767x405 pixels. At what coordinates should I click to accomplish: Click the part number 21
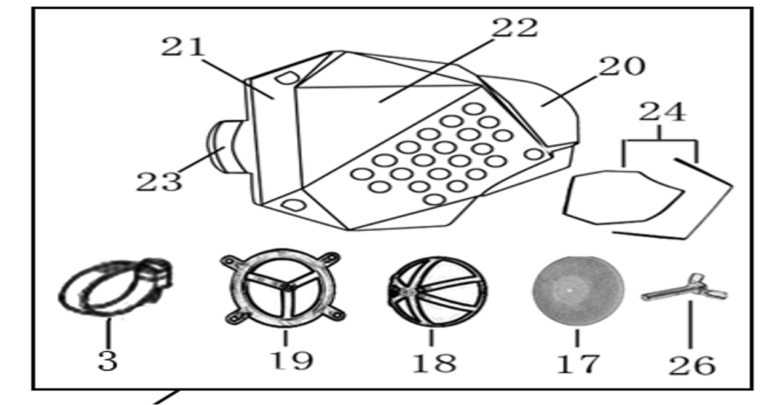pos(183,47)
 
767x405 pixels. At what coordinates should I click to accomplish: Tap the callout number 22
pos(514,28)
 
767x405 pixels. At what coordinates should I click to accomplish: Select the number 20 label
pos(622,66)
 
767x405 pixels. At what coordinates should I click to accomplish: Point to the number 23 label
pos(159,182)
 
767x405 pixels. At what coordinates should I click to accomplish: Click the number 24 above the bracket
pos(663,112)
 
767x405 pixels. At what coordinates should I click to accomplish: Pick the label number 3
pos(108,361)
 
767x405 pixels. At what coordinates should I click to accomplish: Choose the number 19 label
pos(291,361)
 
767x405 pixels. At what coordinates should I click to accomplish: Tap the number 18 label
pos(435,363)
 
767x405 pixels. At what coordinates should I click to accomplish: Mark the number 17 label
pos(578,364)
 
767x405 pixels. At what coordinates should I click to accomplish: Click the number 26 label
pos(692,366)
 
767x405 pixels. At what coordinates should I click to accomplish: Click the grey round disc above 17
pos(578,290)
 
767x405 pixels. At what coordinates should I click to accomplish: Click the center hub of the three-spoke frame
pos(287,287)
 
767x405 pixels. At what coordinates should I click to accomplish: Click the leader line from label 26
pos(690,325)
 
